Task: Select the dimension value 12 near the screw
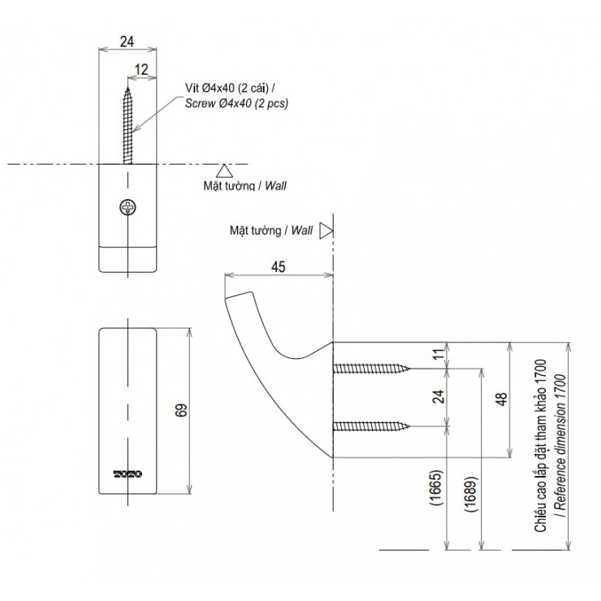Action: pyautogui.click(x=141, y=71)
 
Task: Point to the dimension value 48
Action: pyautogui.click(x=501, y=399)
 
